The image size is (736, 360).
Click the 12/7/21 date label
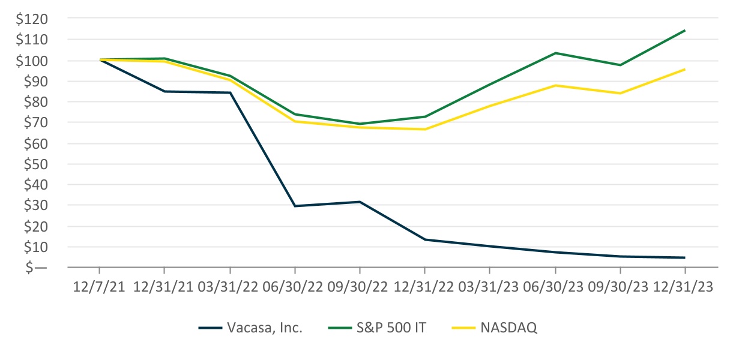[100, 287]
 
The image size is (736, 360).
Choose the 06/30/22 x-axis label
[295, 287]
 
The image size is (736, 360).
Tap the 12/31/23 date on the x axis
[684, 287]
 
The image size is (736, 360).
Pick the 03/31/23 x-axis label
[489, 287]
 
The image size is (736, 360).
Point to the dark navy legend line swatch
[210, 328]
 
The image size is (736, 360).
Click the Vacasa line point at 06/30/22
[295, 206]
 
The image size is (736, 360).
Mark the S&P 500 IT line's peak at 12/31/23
[684, 31]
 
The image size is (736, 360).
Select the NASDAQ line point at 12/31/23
[684, 70]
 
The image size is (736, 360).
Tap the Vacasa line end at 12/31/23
[684, 257]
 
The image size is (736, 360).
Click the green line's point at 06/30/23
[555, 53]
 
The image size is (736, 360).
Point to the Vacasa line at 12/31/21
[164, 91]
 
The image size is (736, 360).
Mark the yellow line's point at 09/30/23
[620, 93]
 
